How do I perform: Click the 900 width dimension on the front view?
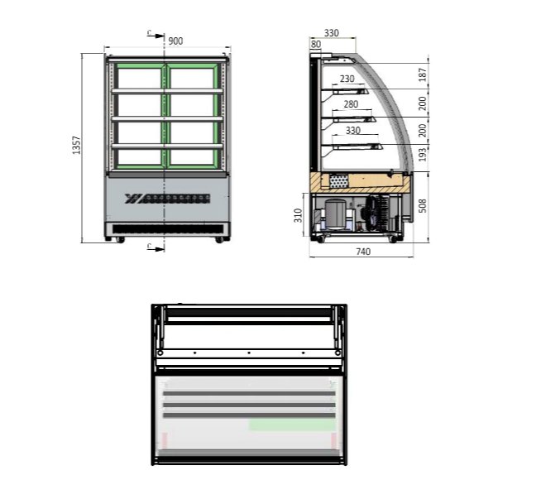click(x=175, y=41)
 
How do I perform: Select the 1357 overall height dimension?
click(x=77, y=146)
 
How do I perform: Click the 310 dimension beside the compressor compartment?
click(x=299, y=216)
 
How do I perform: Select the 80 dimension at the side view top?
click(x=316, y=44)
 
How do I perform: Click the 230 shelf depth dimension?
click(x=347, y=79)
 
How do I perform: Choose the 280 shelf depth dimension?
click(x=350, y=104)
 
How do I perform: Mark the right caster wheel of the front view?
click(x=219, y=240)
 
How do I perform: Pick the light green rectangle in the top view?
click(x=292, y=424)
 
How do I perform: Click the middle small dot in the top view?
click(x=248, y=353)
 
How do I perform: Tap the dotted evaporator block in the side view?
click(x=339, y=180)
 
